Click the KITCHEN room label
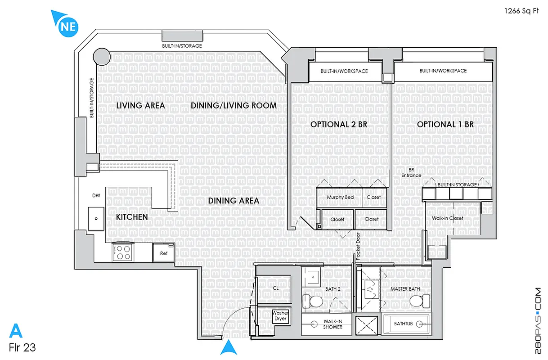132,217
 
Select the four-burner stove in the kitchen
122,252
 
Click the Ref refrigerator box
164,253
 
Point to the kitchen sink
96,219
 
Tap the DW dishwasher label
96,196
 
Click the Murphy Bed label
340,198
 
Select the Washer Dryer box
280,316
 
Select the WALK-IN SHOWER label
332,324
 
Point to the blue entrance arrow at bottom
229,348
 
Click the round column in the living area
101,57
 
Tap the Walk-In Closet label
447,218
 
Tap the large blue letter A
15,331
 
